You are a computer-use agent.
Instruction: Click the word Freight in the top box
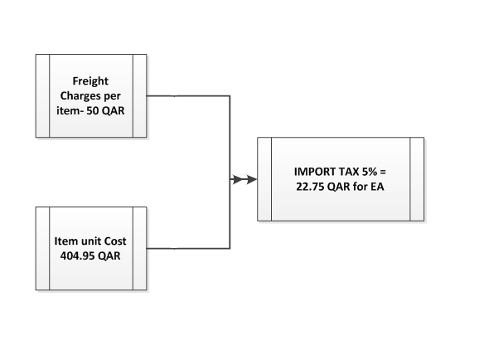[91, 82]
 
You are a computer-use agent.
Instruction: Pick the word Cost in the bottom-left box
[117, 242]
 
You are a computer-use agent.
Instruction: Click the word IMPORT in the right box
[313, 172]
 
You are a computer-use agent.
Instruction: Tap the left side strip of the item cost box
[42, 249]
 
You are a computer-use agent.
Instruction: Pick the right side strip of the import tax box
[417, 178]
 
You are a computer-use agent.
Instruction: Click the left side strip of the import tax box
[264, 178]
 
